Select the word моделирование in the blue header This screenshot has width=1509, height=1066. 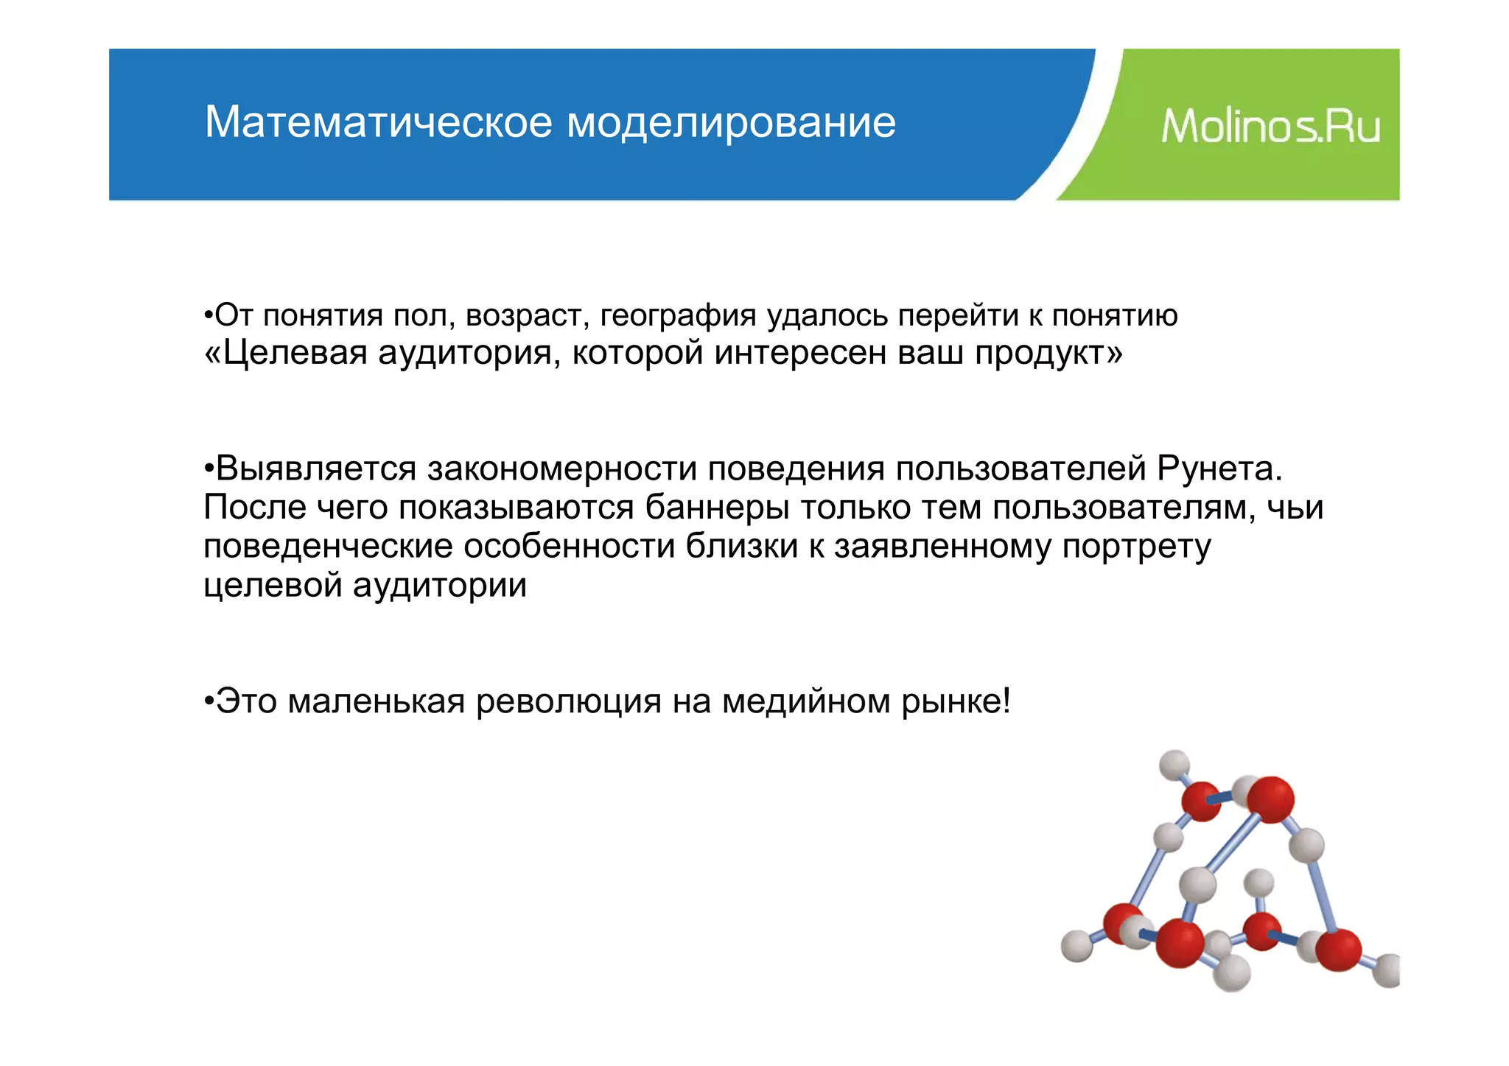pos(731,123)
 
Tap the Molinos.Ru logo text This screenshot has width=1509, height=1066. pos(1270,126)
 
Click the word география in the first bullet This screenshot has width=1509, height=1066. pos(678,315)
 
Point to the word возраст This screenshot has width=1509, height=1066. pos(528,315)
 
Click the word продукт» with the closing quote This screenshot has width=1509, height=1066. pos(1048,353)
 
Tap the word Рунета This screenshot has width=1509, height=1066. pos(1219,469)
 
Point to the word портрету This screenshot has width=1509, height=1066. pos(1136,547)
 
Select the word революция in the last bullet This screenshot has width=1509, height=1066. pos(568,701)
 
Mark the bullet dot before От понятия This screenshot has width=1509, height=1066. pos(209,315)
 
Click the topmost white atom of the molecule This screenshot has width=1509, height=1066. pos(1174,765)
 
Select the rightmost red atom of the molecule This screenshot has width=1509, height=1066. pos(1338,949)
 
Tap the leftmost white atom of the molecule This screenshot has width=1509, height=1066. pos(1076,946)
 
